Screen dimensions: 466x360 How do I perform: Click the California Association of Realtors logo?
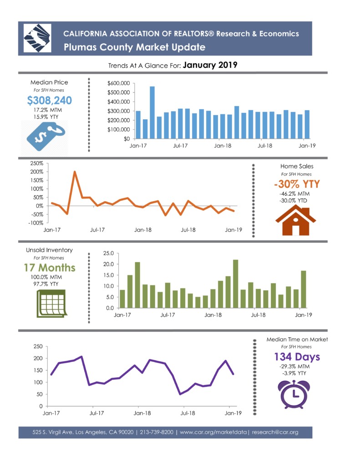(x=38, y=39)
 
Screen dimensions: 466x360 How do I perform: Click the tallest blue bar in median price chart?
(x=152, y=112)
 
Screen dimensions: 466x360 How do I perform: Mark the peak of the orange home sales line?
(x=75, y=172)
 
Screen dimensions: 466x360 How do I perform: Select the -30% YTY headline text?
(x=297, y=184)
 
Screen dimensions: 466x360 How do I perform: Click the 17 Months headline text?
(x=50, y=268)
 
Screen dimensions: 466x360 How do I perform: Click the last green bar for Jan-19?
(x=303, y=289)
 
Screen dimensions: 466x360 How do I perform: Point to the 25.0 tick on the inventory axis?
(x=108, y=253)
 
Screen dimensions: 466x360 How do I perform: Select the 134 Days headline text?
(x=297, y=356)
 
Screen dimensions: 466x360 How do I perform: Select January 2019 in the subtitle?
(x=210, y=65)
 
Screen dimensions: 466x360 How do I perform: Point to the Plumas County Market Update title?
(x=134, y=47)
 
